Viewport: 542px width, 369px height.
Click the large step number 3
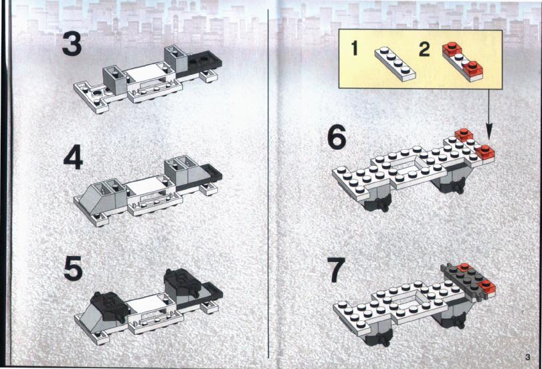tap(72, 43)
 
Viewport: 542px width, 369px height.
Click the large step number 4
tap(73, 157)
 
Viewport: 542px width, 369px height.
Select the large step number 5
tap(73, 268)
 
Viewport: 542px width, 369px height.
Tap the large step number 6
tap(336, 136)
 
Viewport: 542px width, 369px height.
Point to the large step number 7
tap(337, 270)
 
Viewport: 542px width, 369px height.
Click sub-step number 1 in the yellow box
tap(354, 48)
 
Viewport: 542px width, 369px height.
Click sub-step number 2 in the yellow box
tap(424, 49)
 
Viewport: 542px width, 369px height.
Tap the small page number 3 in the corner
tap(527, 357)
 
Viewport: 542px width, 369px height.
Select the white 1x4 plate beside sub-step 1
tap(395, 64)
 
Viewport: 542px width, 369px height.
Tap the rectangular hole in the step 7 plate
tap(403, 299)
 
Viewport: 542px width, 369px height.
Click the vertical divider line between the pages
tap(268, 184)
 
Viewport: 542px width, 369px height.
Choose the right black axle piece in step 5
tap(183, 282)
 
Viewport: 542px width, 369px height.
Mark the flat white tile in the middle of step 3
tap(145, 73)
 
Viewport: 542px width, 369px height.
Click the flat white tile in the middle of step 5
tap(145, 304)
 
